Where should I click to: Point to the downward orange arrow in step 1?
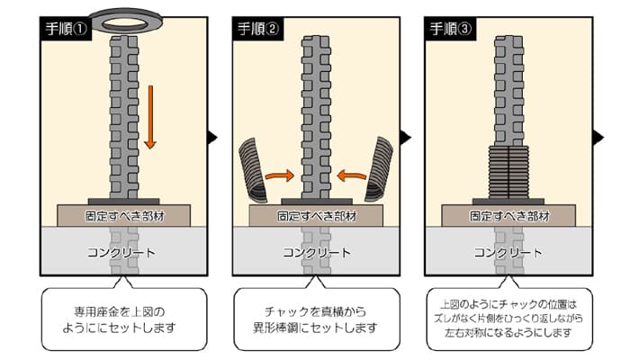pos(150,117)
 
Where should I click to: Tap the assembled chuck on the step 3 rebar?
pos(506,172)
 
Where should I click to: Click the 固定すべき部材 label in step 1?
pos(124,217)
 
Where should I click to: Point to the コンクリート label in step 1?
pos(124,253)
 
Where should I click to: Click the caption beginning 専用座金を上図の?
pos(124,319)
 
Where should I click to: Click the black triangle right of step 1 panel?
pos(212,137)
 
